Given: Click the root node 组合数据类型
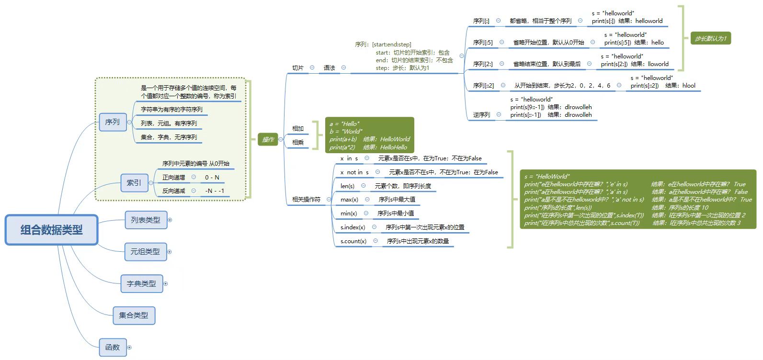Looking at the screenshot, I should pos(52,230).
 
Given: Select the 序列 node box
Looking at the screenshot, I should pos(113,122).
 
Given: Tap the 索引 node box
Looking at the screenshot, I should pos(134,183).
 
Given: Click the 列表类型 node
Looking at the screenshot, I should pos(146,220).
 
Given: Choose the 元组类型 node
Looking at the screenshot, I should pos(145,251).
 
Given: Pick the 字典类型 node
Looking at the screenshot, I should pos(141,283).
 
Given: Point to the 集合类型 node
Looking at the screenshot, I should pos(134,315).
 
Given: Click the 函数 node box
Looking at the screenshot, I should pos(113,347).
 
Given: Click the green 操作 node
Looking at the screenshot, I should pos(268,139).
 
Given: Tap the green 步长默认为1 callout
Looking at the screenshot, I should pos(710,38).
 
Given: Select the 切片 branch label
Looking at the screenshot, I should pos(298,68).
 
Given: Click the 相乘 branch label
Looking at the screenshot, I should pos(298,142).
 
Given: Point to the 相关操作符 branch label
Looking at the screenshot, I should pos(306,199).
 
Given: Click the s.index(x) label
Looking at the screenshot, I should pos(353,227).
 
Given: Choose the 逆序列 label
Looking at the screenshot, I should pos(481,115).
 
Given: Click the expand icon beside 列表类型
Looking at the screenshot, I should pos(170,220).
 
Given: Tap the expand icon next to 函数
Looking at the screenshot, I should pos(129,348).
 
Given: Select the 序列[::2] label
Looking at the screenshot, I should pos(483,86).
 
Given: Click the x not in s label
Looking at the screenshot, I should pos(354,172).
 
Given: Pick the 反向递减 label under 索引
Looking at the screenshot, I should pos(173,191).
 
